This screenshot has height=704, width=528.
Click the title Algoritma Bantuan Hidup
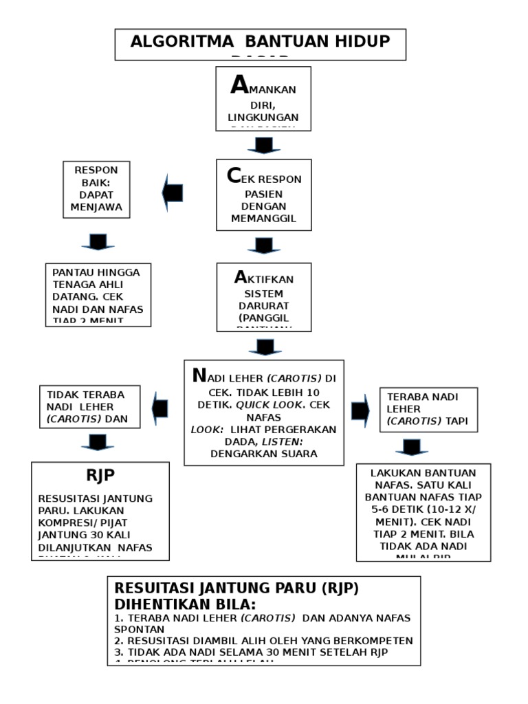coord(260,41)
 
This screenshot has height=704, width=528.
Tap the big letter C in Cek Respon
coord(234,177)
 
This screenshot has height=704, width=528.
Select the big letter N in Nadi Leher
coord(199,376)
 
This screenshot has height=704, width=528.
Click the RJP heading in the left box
coord(100,476)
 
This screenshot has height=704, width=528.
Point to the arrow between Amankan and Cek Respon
coord(263,145)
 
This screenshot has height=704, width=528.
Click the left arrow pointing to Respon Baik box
coord(173,192)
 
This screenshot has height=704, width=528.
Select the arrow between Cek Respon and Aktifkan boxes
coord(263,245)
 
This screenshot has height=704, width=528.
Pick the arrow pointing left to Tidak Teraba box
coord(160,408)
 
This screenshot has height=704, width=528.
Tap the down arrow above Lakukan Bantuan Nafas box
coord(411,447)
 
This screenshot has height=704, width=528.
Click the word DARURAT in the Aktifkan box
coord(264,306)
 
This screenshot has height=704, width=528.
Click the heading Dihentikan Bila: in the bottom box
coord(184,604)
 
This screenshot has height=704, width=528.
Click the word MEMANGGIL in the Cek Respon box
coord(264,218)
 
